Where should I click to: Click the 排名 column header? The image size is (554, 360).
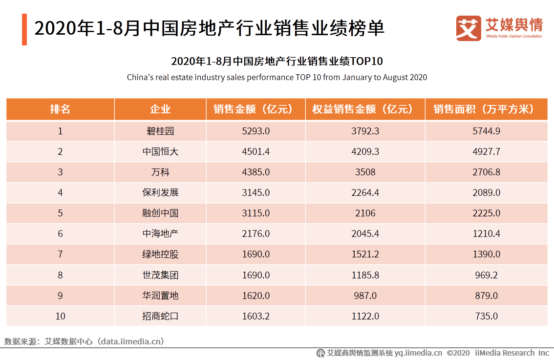click(x=60, y=109)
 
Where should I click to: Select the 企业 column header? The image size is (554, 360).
click(x=160, y=109)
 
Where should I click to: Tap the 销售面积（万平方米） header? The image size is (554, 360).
click(x=486, y=109)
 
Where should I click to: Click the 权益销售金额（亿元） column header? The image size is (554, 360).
click(x=365, y=109)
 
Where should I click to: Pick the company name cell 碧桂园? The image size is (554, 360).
click(x=160, y=131)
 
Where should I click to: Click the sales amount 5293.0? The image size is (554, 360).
click(x=256, y=131)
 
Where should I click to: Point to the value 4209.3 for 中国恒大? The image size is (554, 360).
click(x=365, y=151)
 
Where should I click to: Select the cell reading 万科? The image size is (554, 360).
click(x=160, y=172)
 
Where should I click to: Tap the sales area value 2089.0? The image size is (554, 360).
click(x=486, y=192)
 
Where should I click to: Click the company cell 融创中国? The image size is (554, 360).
click(x=160, y=213)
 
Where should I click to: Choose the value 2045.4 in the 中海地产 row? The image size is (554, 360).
click(x=365, y=233)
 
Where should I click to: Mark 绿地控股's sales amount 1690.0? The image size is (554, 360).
click(x=256, y=254)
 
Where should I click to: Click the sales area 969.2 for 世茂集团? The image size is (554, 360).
click(x=486, y=275)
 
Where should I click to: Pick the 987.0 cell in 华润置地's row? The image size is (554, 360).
click(x=365, y=296)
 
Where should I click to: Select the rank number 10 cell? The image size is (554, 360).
click(x=60, y=316)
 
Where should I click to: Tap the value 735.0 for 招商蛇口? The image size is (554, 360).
click(x=486, y=316)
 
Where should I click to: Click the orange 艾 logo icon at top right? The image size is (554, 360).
click(x=468, y=28)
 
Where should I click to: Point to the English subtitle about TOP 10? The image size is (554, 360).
click(x=277, y=77)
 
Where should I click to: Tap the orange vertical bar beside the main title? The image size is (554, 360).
click(x=24, y=29)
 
